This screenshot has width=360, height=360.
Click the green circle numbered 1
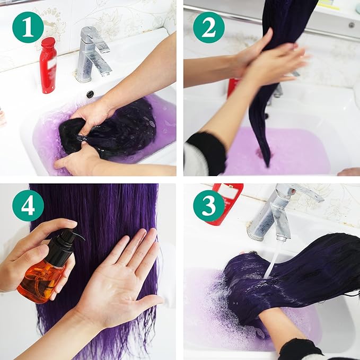(28, 28)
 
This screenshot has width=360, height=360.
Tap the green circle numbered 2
(208, 28)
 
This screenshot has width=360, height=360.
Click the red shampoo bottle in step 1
(48, 67)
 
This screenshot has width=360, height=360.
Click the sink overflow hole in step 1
(90, 94)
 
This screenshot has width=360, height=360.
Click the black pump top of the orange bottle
(63, 241)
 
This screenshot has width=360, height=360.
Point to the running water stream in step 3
(273, 259)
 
